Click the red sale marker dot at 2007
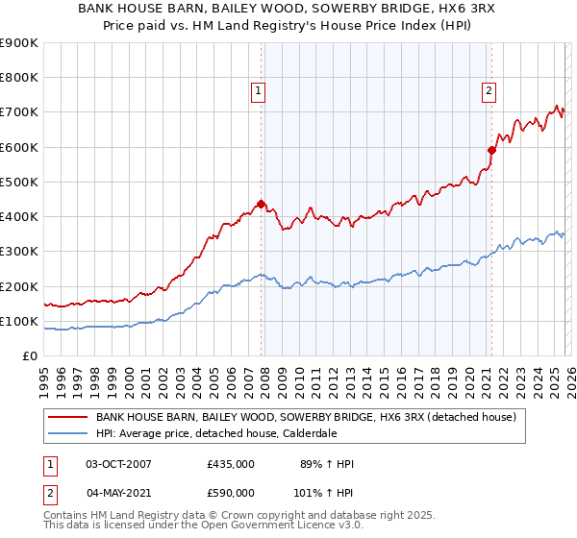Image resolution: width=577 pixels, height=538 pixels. click(261, 204)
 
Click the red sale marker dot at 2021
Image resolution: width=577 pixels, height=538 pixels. click(491, 150)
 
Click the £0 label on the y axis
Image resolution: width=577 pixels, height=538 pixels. click(29, 355)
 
